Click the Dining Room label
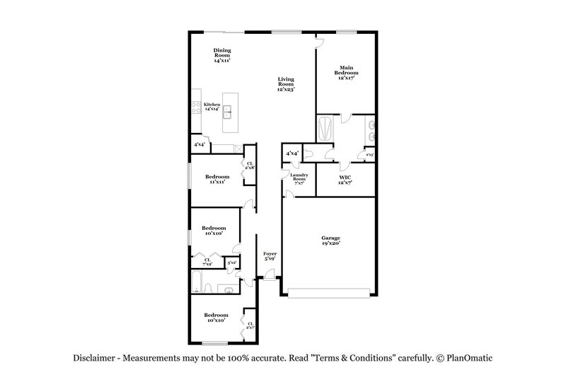[223, 55]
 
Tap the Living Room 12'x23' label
[285, 84]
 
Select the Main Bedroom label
[346, 71]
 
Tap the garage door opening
[329, 291]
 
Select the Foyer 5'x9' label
[270, 255]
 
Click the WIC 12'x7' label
[346, 180]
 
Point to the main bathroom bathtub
[326, 129]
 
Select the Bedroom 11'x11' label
[216, 179]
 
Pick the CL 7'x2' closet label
[207, 262]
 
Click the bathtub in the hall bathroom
[198, 288]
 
